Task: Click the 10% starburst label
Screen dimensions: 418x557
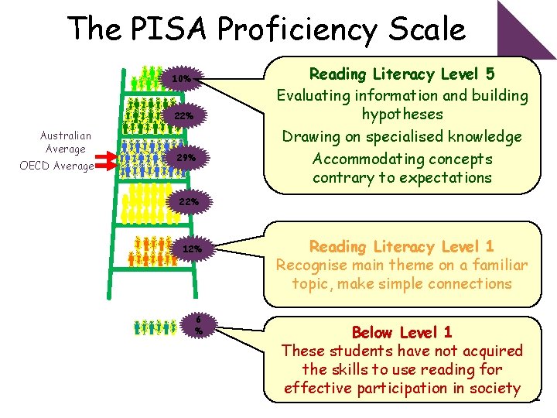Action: tap(181, 79)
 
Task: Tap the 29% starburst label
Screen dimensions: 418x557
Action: tap(186, 158)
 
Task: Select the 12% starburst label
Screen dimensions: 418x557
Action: tap(191, 249)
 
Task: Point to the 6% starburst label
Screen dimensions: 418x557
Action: tap(199, 324)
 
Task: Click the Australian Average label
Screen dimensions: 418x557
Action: tap(66, 142)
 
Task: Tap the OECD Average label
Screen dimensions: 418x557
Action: tap(56, 166)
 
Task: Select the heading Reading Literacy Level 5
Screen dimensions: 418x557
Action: tap(402, 74)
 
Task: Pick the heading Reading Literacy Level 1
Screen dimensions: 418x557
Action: tap(402, 247)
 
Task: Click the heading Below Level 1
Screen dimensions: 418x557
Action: tap(402, 333)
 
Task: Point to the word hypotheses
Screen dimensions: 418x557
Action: tap(402, 115)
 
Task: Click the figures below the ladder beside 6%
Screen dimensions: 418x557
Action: tap(154, 327)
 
